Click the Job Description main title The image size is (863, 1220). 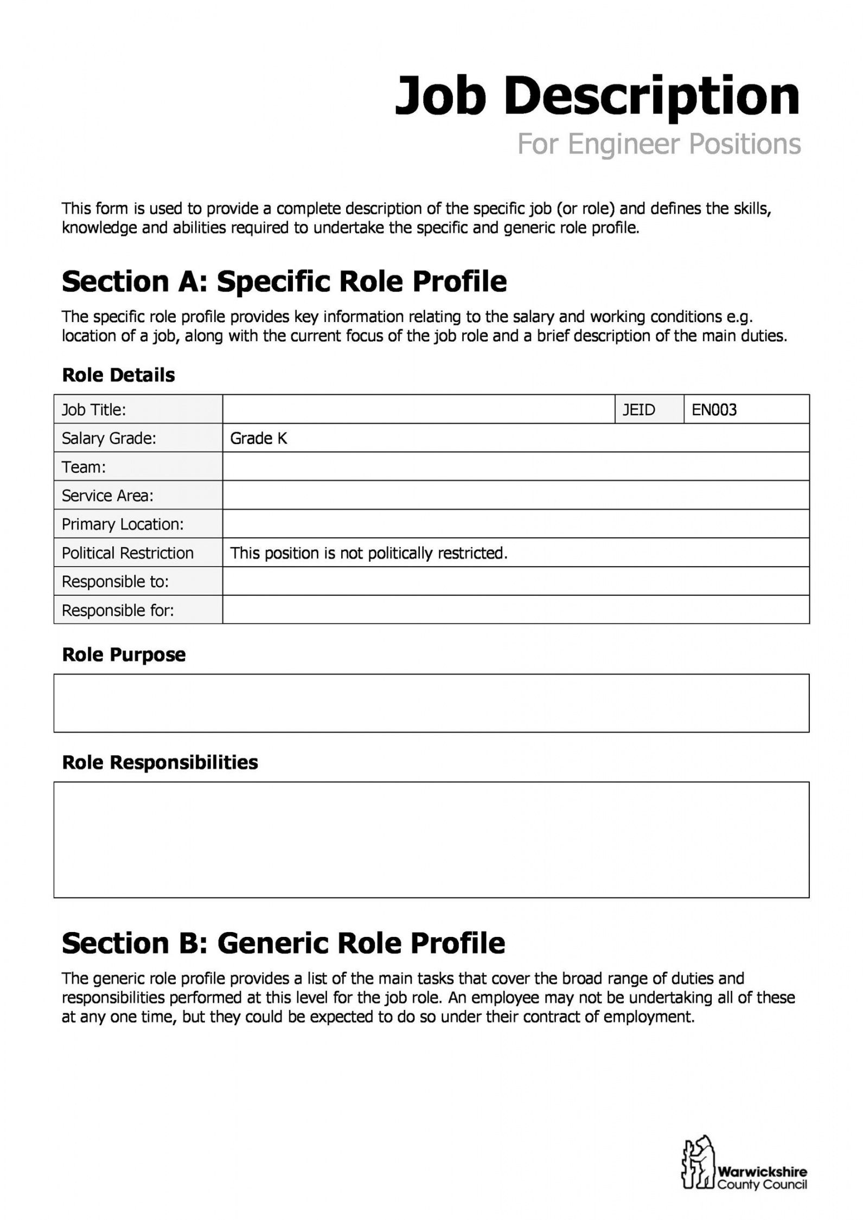coord(597,97)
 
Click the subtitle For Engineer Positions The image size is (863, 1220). coord(659,144)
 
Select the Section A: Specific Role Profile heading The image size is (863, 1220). coord(284,281)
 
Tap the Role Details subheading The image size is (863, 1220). coord(118,375)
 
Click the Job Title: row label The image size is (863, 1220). coord(94,409)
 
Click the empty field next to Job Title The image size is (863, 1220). coord(418,409)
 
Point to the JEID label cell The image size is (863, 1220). coord(638,409)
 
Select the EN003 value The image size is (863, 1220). coord(714,409)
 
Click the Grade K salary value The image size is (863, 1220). coord(259,438)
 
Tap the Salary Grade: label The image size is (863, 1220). coord(108,438)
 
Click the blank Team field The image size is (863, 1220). coord(515,467)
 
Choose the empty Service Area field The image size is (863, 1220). coord(515,496)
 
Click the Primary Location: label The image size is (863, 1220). coord(123,524)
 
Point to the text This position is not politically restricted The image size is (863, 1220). coord(369,553)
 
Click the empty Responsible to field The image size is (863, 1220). coord(515,582)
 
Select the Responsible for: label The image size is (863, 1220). coord(118,611)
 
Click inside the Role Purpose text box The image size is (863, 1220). coord(431,703)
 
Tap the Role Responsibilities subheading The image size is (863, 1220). coord(160,762)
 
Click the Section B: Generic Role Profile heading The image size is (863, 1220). coord(283,943)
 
